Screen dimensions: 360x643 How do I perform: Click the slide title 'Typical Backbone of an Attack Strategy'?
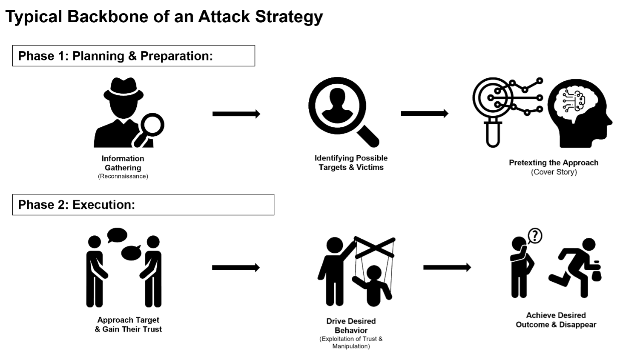[x=164, y=17]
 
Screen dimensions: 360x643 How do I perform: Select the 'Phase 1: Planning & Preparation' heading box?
[x=133, y=56]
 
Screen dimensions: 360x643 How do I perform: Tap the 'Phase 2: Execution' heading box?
[x=143, y=205]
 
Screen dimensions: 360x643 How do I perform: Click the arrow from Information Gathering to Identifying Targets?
[x=236, y=114]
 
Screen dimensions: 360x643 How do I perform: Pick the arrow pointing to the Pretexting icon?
[x=424, y=113]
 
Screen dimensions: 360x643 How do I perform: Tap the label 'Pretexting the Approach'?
[x=554, y=163]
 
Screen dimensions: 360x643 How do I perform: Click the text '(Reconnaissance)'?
[x=123, y=176]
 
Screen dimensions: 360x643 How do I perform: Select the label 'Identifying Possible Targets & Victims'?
[x=351, y=163]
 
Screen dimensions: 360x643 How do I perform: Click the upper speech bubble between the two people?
[x=117, y=234]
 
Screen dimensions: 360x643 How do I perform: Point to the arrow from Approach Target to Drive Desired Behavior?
[x=235, y=267]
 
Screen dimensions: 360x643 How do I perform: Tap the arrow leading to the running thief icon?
[x=447, y=267]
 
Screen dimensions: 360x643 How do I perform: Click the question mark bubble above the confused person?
[x=535, y=235]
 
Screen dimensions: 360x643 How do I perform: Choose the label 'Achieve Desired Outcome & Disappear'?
[x=556, y=320]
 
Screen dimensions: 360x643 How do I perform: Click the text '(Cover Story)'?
[x=554, y=172]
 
